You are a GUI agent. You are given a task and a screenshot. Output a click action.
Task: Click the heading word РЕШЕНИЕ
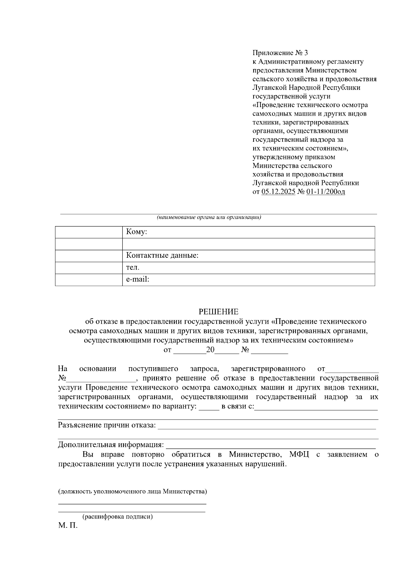point(219,312)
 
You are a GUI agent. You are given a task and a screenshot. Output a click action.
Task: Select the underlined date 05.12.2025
point(278,192)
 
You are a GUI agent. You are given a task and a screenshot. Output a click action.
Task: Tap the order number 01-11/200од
point(325,192)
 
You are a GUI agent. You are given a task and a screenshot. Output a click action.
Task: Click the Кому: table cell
point(248,232)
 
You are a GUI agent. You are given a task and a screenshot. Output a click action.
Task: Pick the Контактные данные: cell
point(248,256)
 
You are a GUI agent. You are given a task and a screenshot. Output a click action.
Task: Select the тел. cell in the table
point(248,268)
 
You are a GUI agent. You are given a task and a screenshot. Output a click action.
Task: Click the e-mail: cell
point(248,279)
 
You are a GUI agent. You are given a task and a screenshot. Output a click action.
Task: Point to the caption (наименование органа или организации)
point(209,218)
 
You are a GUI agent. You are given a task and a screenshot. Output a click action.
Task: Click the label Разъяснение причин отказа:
point(107,425)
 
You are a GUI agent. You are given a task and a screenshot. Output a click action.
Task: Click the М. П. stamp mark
point(68,526)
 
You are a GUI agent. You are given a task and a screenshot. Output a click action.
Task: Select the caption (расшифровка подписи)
point(118,517)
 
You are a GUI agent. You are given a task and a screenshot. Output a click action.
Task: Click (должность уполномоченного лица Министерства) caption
point(133,492)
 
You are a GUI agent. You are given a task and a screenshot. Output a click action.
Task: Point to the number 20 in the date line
point(210,350)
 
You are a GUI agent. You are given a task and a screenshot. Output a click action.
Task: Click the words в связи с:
point(238,407)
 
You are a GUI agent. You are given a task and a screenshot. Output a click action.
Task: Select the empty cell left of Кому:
point(89,232)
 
